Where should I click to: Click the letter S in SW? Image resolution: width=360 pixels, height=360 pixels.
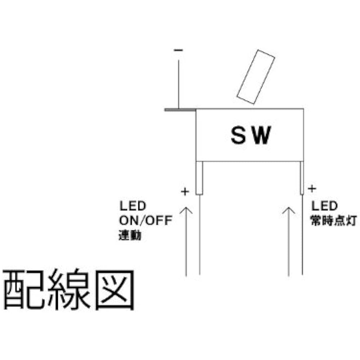coord(238,135)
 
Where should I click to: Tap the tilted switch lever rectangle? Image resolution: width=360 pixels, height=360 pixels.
coord(256,77)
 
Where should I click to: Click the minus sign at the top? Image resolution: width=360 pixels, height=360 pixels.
coord(179,50)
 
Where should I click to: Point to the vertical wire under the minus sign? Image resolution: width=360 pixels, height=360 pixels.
coord(179,84)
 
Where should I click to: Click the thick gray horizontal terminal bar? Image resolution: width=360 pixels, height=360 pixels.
coord(180,110)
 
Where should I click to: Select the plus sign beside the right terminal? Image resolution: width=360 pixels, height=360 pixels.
coord(312,189)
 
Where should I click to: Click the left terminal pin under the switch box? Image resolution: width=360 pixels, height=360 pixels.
coord(199,178)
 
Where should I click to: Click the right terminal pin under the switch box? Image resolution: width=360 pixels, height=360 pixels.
coord(302,178)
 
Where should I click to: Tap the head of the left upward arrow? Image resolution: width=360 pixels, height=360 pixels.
coord(186,210)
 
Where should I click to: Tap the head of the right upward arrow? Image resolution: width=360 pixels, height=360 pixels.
coord(289,210)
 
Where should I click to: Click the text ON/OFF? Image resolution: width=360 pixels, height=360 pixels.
coord(146,220)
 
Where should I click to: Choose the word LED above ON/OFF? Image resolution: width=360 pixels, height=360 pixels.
coord(133,206)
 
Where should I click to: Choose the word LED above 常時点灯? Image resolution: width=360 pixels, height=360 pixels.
coord(324,206)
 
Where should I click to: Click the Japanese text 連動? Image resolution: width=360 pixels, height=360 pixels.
coord(130,235)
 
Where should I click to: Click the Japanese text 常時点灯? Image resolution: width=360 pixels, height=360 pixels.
coord(334,221)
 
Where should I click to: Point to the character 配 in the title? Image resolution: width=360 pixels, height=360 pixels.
coord(24,290)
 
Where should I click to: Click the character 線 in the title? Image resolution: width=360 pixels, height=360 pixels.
coord(69,289)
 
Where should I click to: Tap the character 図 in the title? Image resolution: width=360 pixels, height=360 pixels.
coord(115,290)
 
